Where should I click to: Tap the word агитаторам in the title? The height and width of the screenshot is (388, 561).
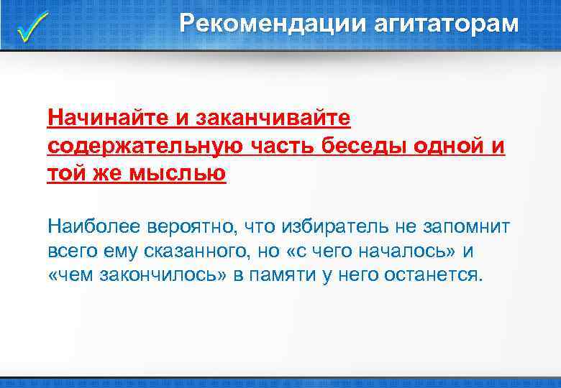coord(446,24)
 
